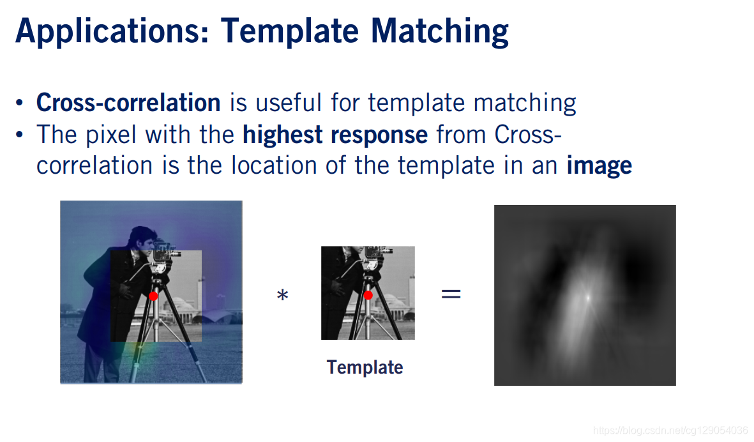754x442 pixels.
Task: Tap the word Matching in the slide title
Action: click(439, 32)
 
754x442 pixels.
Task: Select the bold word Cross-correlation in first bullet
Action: click(128, 102)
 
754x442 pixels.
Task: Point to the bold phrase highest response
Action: click(335, 134)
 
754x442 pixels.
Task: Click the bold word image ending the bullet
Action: click(599, 167)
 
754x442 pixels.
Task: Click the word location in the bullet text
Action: click(274, 165)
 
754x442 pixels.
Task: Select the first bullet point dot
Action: click(19, 103)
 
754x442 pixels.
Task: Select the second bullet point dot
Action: click(19, 135)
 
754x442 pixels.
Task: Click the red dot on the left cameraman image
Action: click(153, 296)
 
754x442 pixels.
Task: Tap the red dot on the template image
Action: click(368, 295)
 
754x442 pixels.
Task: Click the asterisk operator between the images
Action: click(283, 295)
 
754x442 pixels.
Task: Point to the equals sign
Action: click(451, 293)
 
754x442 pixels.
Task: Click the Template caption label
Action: click(365, 367)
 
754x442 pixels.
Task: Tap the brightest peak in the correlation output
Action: click(587, 298)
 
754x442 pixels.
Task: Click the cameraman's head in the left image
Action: click(141, 239)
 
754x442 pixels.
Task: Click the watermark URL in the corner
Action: click(670, 430)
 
